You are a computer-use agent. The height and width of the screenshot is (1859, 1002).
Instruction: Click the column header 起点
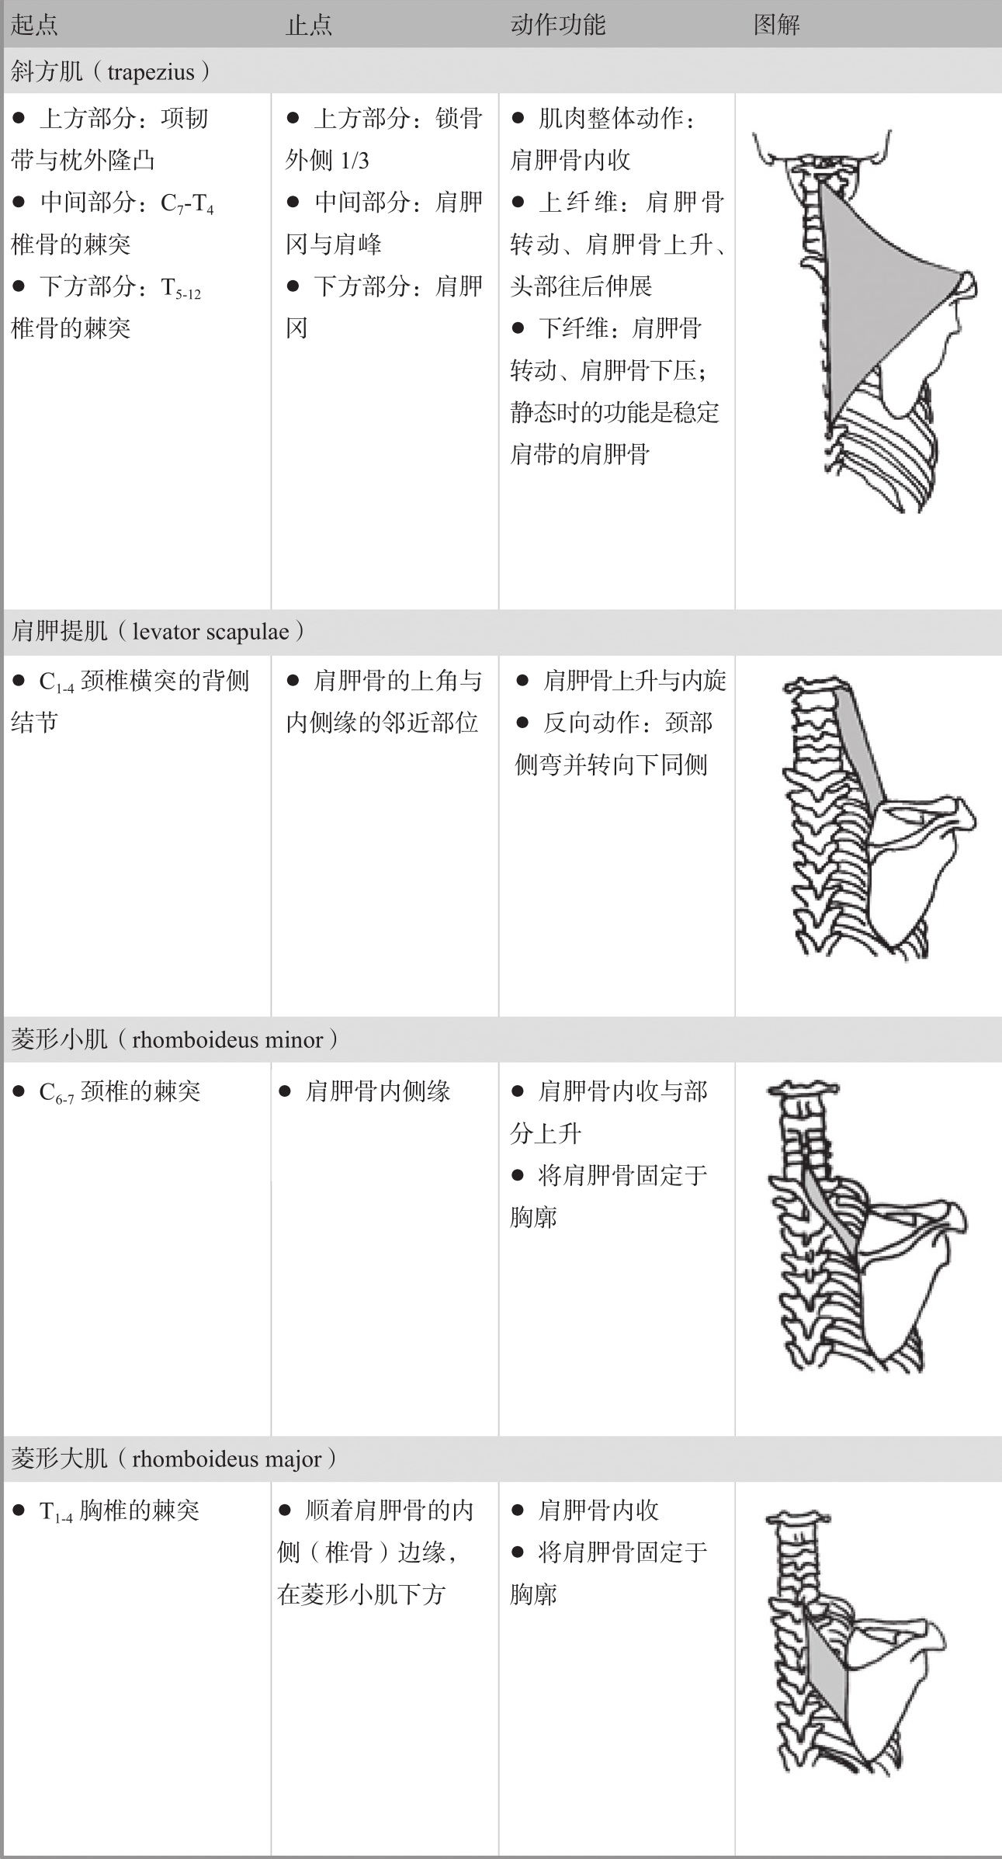coord(34,25)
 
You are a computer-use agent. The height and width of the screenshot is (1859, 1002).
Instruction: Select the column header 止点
coord(309,25)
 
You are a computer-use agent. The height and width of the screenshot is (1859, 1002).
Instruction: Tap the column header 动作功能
coord(557,25)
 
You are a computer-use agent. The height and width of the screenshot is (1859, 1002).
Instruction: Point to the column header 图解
coord(776,25)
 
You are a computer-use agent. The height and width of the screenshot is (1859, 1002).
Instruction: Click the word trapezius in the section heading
coord(151,72)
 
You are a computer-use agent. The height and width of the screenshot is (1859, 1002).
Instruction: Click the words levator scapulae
coord(210,631)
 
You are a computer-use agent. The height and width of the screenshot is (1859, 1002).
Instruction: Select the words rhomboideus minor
coord(227,1039)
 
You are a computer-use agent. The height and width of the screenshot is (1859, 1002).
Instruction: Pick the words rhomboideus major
coord(227,1458)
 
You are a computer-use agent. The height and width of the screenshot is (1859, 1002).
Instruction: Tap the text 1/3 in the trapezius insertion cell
coord(355,161)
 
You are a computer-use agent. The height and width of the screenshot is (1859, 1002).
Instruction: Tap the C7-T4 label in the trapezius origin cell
coord(186,203)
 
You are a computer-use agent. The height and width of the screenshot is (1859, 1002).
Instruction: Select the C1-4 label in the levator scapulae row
coord(56,682)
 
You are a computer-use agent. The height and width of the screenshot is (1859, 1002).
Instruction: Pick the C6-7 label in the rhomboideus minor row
coord(56,1093)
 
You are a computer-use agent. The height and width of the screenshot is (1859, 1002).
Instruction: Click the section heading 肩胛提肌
coord(59,631)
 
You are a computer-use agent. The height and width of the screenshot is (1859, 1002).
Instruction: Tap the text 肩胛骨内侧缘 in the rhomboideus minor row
coord(377,1091)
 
